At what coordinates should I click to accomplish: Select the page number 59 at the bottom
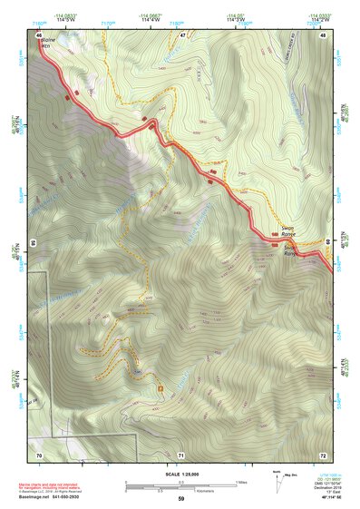click(x=181, y=499)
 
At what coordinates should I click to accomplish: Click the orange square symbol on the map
click(x=161, y=389)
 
